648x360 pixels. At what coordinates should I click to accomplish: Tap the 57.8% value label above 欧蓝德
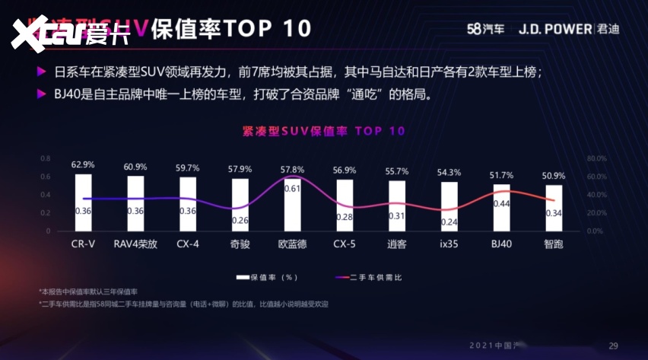tap(292, 169)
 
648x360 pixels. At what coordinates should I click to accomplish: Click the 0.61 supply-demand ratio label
tap(292, 187)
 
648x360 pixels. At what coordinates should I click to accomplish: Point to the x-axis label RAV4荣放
tap(135, 245)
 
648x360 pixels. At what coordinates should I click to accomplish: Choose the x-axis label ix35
tap(449, 245)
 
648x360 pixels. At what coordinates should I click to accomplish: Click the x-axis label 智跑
tap(554, 245)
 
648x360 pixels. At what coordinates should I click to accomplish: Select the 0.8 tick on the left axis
tap(45, 159)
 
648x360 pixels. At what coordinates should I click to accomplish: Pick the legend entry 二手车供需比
tap(372, 277)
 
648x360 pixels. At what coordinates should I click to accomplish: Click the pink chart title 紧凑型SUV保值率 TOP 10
tap(323, 131)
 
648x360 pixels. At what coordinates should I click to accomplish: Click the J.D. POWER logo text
tap(554, 29)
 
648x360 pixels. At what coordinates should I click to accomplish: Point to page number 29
tap(613, 346)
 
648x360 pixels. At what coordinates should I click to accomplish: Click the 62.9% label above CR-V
tap(83, 164)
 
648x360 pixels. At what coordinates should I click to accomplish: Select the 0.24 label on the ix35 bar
tap(449, 222)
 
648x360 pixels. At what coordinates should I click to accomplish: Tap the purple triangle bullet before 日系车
tap(41, 72)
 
